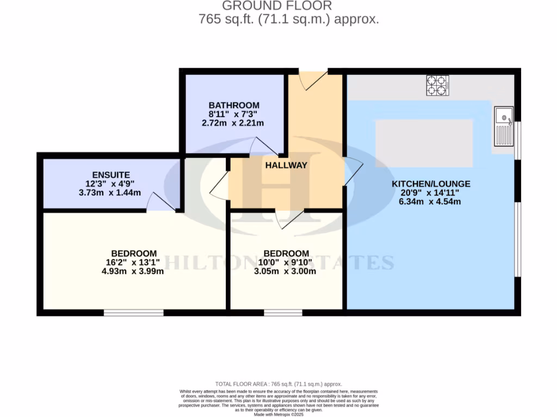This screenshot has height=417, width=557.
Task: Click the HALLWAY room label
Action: (286, 165)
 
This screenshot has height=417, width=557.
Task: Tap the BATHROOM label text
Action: (234, 105)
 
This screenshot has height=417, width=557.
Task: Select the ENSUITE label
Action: (111, 175)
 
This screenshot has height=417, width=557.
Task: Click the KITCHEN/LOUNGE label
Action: (431, 184)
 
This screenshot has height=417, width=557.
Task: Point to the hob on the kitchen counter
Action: (438, 85)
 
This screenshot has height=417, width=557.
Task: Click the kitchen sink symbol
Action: (504, 124)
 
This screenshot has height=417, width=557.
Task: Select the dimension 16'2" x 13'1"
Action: (133, 262)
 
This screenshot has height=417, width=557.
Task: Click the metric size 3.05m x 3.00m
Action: (286, 271)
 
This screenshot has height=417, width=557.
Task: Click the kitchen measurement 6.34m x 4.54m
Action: (431, 201)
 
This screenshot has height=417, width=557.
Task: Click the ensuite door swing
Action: (162, 201)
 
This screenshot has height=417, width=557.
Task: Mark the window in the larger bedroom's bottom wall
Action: (134, 312)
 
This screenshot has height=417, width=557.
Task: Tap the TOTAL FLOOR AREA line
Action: (278, 383)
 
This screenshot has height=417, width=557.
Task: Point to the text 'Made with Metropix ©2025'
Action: (278, 414)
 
